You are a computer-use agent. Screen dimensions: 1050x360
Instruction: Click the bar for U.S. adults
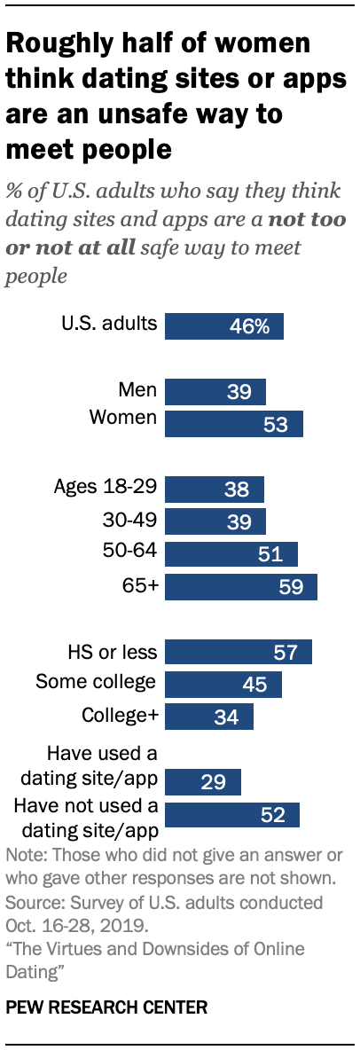224,326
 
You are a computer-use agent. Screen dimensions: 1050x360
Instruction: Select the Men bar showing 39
215,392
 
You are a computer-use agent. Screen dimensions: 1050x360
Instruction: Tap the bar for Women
234,424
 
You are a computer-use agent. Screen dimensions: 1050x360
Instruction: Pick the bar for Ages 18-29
215,490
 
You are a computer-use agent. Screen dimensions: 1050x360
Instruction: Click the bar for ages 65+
241,587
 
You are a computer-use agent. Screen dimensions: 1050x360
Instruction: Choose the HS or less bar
239,653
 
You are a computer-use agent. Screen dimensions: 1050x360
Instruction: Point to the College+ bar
209,717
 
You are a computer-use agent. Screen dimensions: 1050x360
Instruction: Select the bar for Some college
223,684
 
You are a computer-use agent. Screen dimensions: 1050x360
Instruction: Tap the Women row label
123,419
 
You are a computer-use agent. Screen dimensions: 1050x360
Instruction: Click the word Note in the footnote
24,857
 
